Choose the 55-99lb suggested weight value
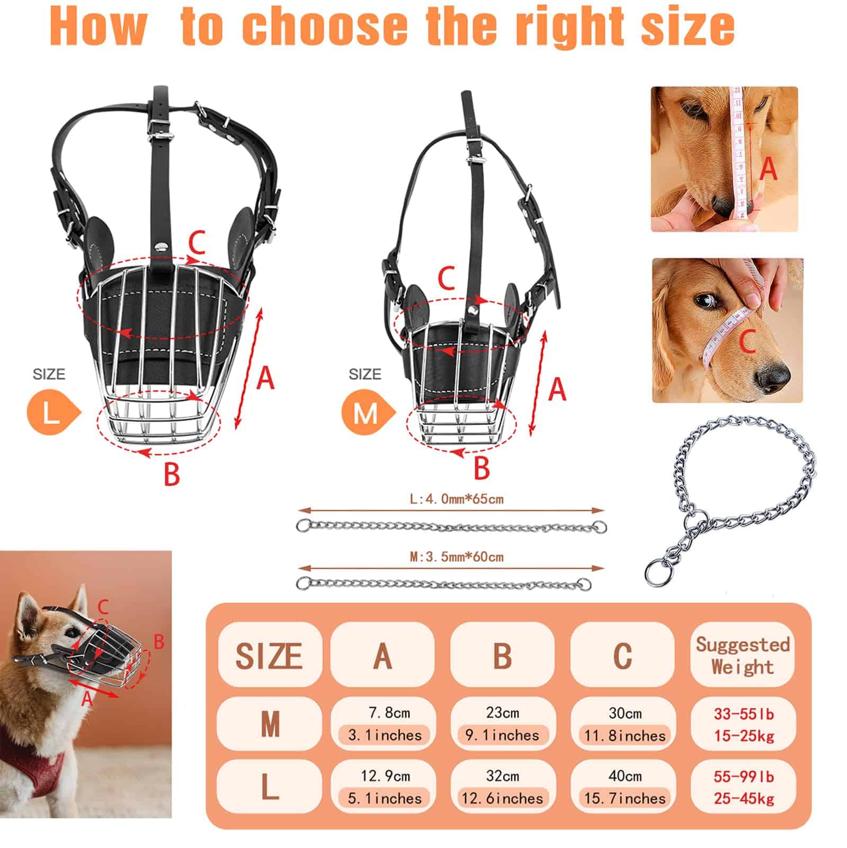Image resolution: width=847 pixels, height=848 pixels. click(x=743, y=776)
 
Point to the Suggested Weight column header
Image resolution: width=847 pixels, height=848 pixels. click(x=743, y=655)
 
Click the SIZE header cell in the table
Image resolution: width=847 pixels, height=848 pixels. click(x=270, y=655)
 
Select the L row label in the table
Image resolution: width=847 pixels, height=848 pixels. click(x=270, y=788)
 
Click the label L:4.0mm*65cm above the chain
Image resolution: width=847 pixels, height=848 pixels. click(x=457, y=499)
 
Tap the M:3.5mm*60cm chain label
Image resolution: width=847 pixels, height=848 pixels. click(x=457, y=557)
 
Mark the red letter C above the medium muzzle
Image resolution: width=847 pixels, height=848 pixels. click(x=447, y=277)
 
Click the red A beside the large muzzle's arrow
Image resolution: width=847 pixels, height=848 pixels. click(x=266, y=378)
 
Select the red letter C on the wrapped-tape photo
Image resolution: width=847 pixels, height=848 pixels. click(x=747, y=340)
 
